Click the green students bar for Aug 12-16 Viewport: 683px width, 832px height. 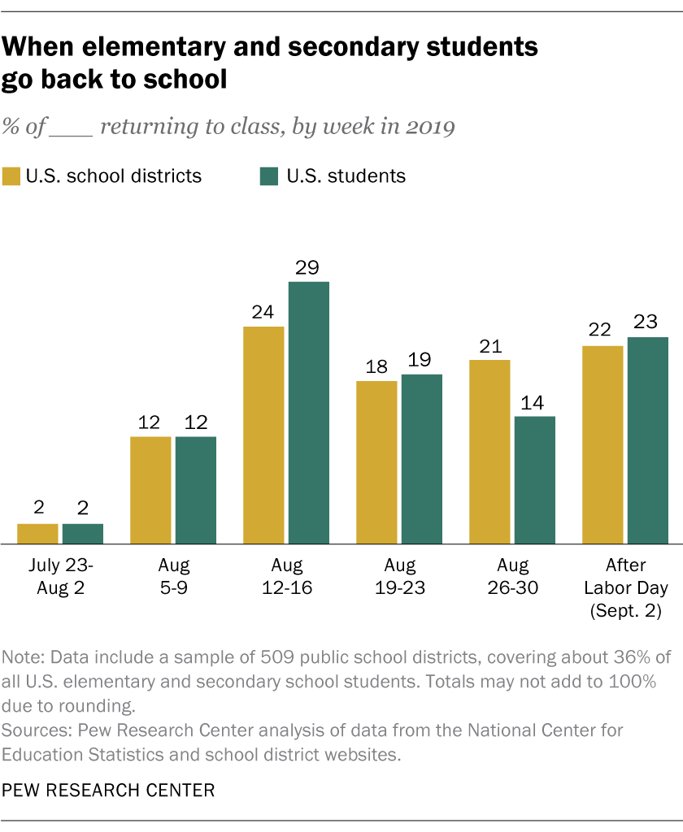(x=308, y=413)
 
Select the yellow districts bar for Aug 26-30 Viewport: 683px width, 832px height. (x=489, y=452)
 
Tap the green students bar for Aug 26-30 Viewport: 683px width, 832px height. (x=534, y=480)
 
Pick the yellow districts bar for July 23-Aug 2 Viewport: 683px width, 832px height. (x=37, y=534)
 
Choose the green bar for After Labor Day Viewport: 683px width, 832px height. (x=647, y=440)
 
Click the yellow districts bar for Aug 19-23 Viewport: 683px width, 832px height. (x=376, y=462)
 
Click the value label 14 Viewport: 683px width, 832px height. (x=534, y=404)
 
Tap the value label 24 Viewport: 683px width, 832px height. (x=263, y=314)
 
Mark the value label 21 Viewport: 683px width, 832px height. (x=489, y=347)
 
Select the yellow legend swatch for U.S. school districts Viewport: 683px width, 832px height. (x=11, y=176)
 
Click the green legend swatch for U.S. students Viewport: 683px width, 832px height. (x=268, y=176)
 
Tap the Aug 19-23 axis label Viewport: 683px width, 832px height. (x=399, y=575)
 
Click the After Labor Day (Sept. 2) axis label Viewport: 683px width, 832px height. (x=625, y=587)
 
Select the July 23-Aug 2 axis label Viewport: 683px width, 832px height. (x=60, y=575)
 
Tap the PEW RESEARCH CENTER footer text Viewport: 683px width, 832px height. (x=109, y=789)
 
